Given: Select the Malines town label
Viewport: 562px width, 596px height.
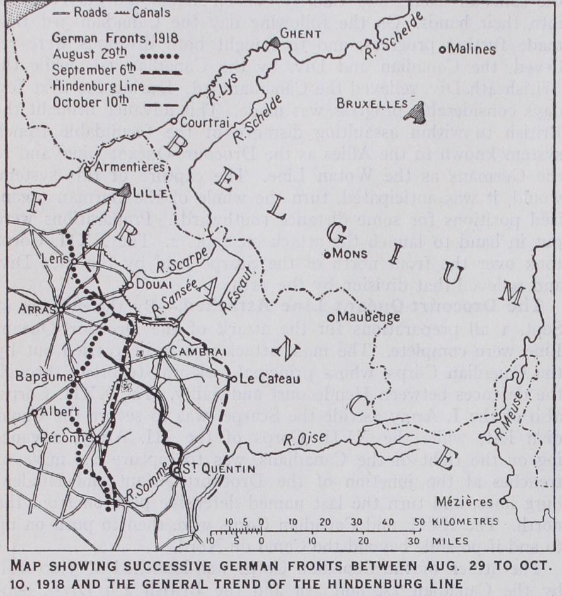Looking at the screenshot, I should click(472, 49).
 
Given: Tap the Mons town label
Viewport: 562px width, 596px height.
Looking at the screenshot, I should click(350, 253).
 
